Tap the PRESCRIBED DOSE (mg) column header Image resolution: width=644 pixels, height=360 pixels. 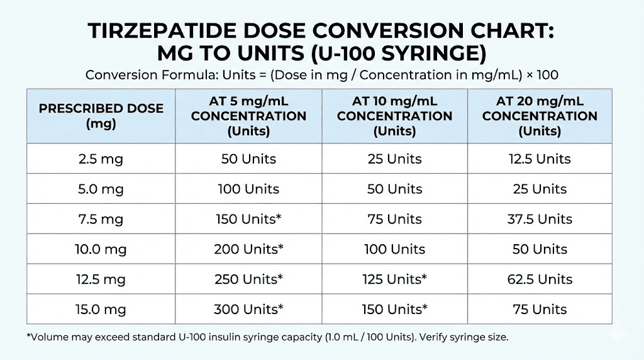(x=101, y=116)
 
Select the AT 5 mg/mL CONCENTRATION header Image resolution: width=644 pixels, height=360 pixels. (x=248, y=116)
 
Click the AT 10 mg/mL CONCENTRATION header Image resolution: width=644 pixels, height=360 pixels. (x=394, y=116)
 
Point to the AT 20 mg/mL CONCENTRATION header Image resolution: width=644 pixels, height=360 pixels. (x=540, y=116)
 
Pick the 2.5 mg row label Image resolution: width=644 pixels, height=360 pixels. (x=101, y=159)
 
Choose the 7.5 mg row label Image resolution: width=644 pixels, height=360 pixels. (x=101, y=219)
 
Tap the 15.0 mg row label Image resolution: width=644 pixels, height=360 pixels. (x=101, y=309)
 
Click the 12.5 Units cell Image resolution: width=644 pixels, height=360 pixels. (x=540, y=159)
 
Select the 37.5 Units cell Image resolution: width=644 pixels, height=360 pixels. (x=540, y=219)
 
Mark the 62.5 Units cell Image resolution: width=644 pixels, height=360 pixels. (x=540, y=279)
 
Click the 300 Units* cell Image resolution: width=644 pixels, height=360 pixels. (x=248, y=309)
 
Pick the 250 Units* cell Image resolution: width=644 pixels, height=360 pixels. (x=248, y=279)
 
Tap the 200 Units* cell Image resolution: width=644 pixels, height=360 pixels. (x=248, y=249)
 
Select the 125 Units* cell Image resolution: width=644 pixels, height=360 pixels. (x=394, y=279)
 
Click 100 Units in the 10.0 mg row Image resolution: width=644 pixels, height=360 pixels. (x=394, y=249)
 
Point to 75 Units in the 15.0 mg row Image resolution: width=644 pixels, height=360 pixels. (x=540, y=309)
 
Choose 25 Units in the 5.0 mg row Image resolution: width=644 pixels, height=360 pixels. (x=540, y=189)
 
